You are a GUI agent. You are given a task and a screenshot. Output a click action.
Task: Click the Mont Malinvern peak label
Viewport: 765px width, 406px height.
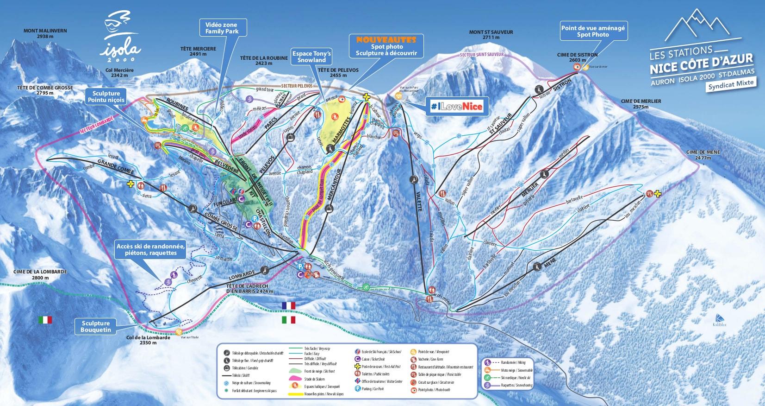(45, 33)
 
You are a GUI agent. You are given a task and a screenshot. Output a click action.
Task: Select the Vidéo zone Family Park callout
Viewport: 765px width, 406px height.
(222, 28)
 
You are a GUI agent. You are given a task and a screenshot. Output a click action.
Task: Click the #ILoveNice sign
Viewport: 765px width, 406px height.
(456, 107)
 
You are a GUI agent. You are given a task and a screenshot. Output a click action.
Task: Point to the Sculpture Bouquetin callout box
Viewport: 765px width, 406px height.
(96, 326)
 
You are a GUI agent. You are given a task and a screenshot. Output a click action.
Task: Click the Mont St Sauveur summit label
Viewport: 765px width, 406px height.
(491, 35)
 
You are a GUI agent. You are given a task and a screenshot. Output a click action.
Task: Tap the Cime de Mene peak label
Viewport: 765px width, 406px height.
(703, 155)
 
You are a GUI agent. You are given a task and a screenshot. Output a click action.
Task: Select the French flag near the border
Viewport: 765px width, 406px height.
(288, 305)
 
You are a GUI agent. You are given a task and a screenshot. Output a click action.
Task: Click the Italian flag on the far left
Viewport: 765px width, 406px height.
(45, 320)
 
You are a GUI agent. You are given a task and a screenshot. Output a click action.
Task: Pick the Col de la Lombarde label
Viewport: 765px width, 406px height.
(148, 340)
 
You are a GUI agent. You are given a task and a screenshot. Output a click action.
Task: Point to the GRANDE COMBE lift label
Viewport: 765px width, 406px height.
(115, 166)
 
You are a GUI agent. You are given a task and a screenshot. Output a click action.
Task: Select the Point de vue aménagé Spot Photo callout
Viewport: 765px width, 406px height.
(593, 31)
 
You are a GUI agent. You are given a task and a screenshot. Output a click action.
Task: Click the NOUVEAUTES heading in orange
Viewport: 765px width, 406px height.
(386, 40)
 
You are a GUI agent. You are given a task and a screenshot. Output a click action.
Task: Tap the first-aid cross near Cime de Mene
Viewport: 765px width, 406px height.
(657, 194)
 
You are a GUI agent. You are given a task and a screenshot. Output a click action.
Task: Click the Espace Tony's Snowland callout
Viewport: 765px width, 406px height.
(311, 57)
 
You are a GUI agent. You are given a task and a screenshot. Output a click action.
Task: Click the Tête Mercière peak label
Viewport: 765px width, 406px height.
(198, 51)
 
